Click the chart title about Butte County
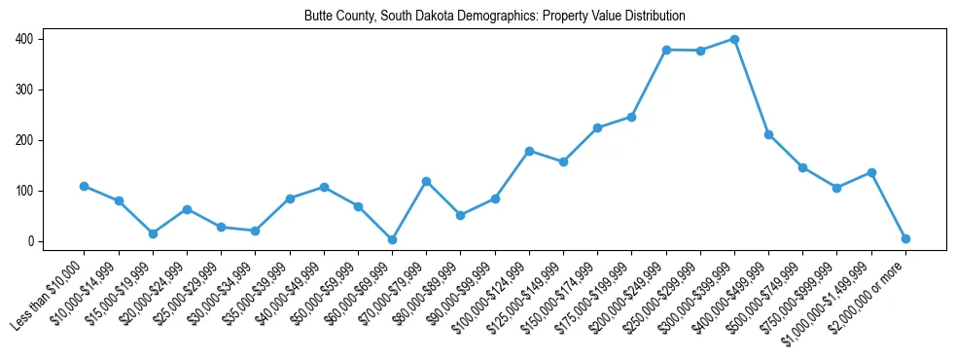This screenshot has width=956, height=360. coord(494,16)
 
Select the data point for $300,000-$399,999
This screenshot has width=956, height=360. coord(734,39)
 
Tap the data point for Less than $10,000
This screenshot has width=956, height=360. coord(85,186)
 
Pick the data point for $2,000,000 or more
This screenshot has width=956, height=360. coord(905,238)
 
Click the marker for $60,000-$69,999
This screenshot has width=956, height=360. coord(392,239)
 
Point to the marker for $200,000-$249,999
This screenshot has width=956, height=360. coord(666,50)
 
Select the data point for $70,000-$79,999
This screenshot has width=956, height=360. coord(426,181)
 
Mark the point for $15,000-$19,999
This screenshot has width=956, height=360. coord(153,234)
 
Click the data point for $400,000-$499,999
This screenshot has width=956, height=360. coord(768,134)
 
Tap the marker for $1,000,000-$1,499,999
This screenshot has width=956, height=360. coord(871,172)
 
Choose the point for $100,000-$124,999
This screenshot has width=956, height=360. coord(529,151)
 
